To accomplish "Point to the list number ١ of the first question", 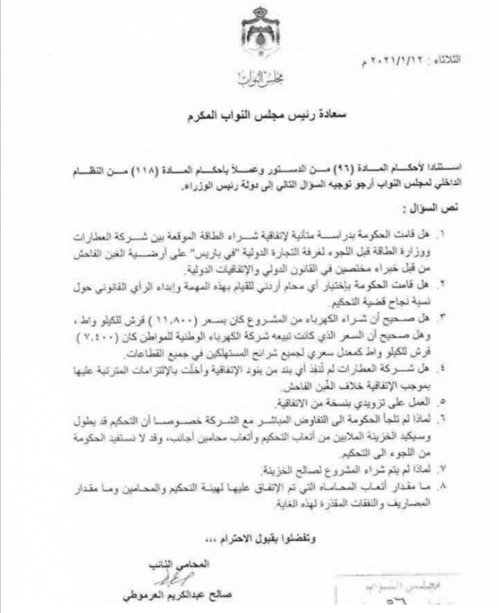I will pyautogui.click(x=442, y=235).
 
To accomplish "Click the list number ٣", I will pyautogui.click(x=442, y=318).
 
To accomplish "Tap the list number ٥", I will pyautogui.click(x=442, y=402).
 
